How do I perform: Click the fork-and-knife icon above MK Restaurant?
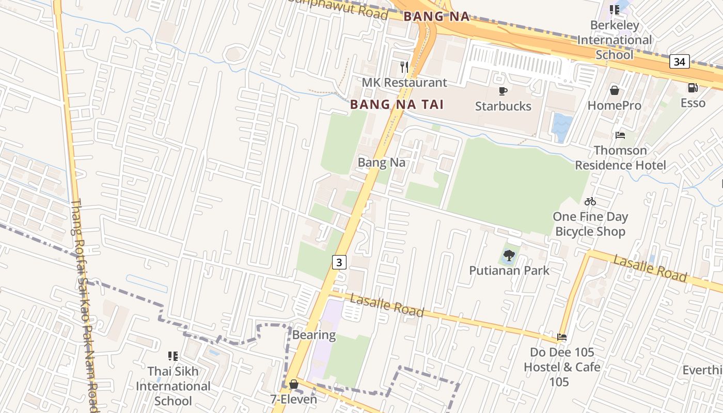point(404,67)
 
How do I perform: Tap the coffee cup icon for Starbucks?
point(502,91)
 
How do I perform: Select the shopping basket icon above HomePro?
point(615,90)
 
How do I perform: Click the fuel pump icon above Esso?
point(693,88)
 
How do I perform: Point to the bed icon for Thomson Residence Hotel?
point(620,135)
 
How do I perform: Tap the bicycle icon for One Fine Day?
point(590,201)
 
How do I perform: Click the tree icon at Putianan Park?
point(509,255)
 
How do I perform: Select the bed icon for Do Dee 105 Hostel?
point(562,337)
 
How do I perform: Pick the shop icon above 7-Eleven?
point(293,384)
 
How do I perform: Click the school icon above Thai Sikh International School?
point(172,356)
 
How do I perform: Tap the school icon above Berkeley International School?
point(614,10)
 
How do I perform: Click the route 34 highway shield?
point(679,62)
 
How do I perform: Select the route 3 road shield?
point(338,262)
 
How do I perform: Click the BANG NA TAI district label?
point(397,104)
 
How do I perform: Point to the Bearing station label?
point(314,335)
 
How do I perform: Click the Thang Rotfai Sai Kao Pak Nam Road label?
point(84,305)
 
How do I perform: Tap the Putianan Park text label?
point(509,271)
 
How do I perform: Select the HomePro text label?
point(614,106)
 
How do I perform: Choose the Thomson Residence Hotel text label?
point(620,158)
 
